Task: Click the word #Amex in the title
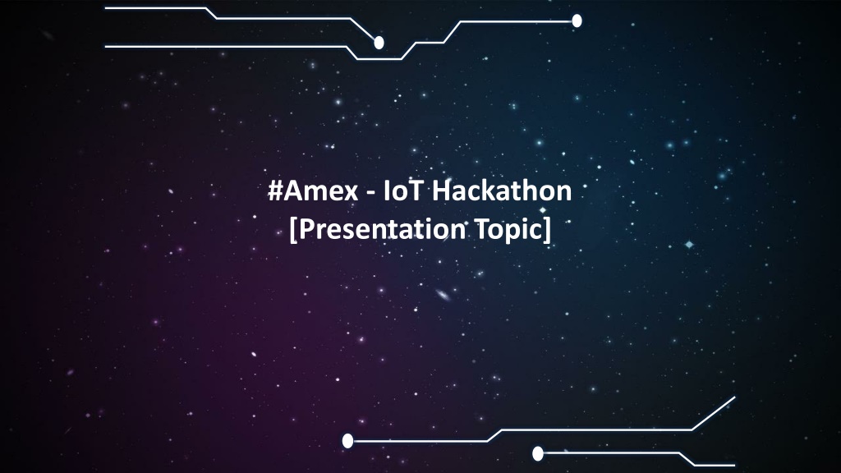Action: [x=313, y=191]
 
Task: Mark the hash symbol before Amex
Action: [x=275, y=191]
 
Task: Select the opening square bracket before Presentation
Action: [x=293, y=230]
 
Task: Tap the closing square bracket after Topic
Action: [x=546, y=230]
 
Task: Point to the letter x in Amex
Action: [x=351, y=194]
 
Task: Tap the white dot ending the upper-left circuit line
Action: [x=379, y=43]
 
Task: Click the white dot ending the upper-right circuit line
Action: [x=577, y=21]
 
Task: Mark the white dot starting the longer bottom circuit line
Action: [x=347, y=441]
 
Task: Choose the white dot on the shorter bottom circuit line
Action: [x=538, y=453]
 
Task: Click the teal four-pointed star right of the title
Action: [x=689, y=245]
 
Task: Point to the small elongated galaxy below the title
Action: [x=443, y=295]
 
